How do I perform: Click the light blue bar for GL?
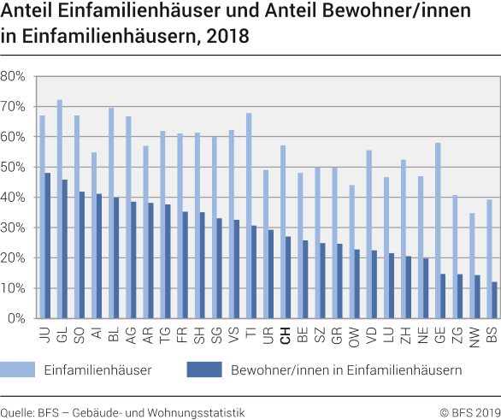coord(59,209)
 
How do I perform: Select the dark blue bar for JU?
coord(48,245)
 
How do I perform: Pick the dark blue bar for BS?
coord(493,300)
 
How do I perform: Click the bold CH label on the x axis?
coord(285,335)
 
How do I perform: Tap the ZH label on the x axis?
coord(406,335)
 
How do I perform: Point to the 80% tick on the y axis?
coord(14,76)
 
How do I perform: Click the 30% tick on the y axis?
coord(14,228)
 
